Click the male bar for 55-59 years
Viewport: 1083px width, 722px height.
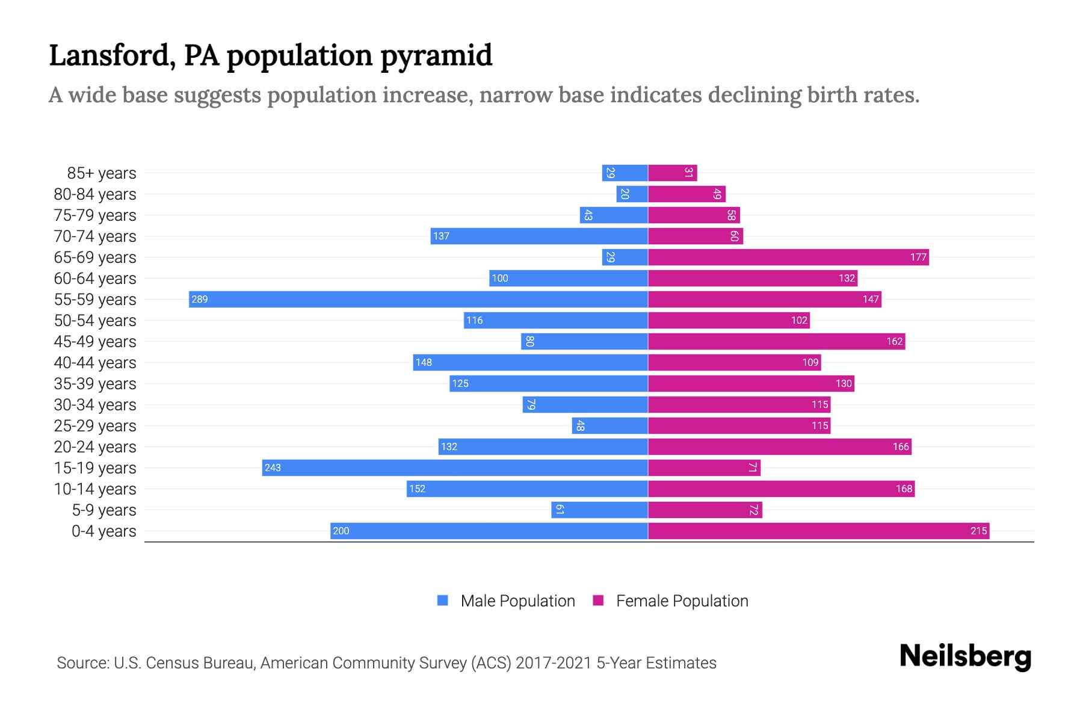pos(418,299)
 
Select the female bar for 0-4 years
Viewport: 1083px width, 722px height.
pos(818,531)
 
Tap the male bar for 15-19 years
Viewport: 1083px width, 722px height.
pos(455,467)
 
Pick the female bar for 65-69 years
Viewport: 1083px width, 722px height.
pos(788,257)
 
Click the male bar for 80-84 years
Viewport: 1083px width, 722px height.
pos(632,194)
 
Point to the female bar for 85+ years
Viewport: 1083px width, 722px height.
pos(672,173)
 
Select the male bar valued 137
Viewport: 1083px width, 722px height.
pos(539,236)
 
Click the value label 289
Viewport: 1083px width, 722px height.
pos(199,299)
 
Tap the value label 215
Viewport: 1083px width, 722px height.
pos(978,531)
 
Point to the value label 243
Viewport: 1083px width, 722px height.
pos(273,467)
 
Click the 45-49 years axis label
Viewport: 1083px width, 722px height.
pos(95,341)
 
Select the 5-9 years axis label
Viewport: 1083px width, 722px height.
pos(104,510)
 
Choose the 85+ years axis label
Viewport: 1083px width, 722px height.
pos(102,173)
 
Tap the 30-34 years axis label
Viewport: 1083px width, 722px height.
pos(95,404)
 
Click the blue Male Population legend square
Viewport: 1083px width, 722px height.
pos(443,600)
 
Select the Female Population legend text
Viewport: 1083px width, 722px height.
pos(682,600)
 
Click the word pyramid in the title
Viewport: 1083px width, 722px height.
pos(436,55)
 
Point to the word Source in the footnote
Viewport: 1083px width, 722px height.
pos(82,662)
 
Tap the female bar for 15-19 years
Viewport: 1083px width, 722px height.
pos(704,467)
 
